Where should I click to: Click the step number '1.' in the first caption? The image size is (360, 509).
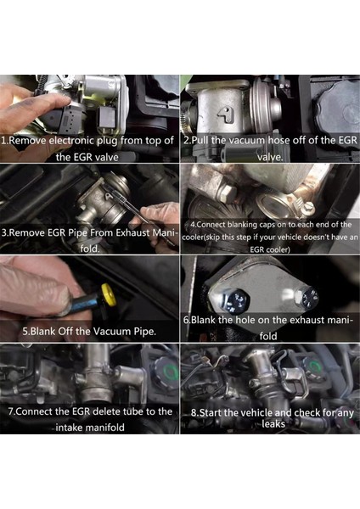[x=6, y=140]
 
